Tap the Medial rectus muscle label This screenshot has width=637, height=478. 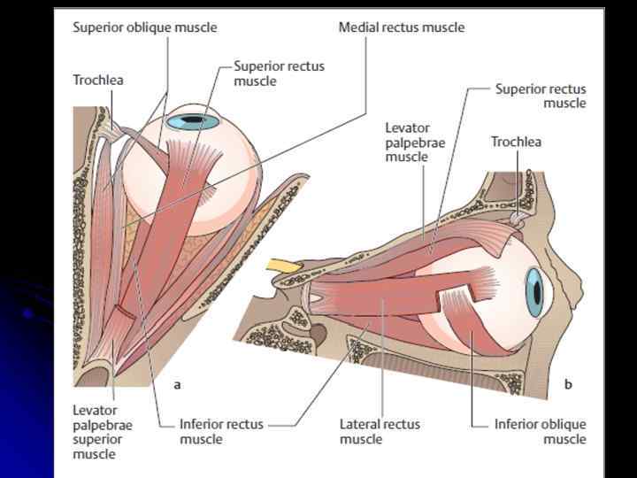[x=401, y=27]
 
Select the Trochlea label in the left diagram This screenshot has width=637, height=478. [x=97, y=80]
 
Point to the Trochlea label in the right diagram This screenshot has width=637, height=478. [x=516, y=142]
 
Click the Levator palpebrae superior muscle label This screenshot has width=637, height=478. [x=102, y=432]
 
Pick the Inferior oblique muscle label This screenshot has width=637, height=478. [x=540, y=431]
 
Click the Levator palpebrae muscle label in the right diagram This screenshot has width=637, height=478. [x=406, y=142]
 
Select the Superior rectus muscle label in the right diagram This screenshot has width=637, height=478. [x=540, y=96]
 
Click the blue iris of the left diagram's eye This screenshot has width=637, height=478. [x=194, y=120]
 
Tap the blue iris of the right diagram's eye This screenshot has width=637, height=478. [x=534, y=293]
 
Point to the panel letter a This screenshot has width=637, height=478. [x=177, y=384]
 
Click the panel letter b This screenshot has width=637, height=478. [x=568, y=384]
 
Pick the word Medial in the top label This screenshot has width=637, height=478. [x=358, y=27]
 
